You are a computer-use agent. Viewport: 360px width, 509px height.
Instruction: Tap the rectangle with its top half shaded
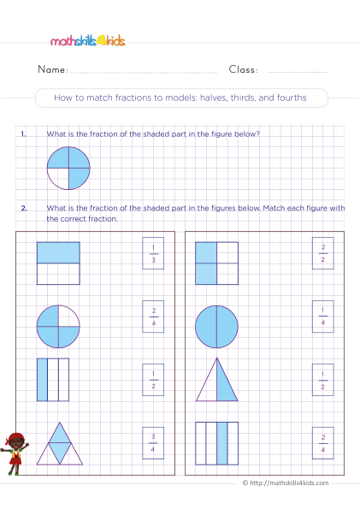tap(58, 262)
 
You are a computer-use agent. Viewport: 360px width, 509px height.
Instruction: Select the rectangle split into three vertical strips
tap(53, 378)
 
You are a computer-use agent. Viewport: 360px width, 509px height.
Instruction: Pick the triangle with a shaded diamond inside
tap(60, 442)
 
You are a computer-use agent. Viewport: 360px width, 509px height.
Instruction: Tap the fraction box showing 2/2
tap(322, 252)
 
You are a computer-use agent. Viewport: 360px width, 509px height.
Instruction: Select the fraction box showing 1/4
tap(322, 314)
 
